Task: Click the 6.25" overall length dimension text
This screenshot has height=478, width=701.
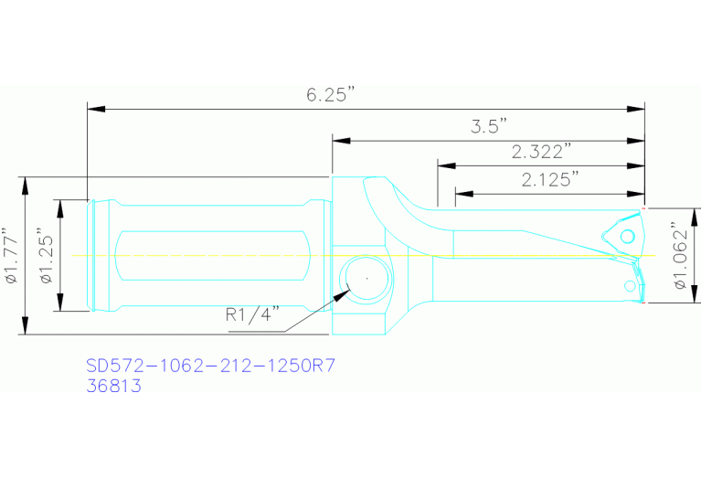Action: [330, 95]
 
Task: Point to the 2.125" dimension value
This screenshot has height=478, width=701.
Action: [551, 179]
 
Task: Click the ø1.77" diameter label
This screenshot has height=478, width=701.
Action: [11, 256]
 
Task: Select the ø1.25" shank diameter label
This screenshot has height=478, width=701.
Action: [46, 256]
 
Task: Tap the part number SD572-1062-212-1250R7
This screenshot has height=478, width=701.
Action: [210, 366]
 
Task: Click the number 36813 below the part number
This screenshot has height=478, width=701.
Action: [113, 387]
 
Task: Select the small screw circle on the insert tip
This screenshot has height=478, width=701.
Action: [628, 237]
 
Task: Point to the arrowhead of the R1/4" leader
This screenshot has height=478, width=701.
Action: [345, 292]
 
